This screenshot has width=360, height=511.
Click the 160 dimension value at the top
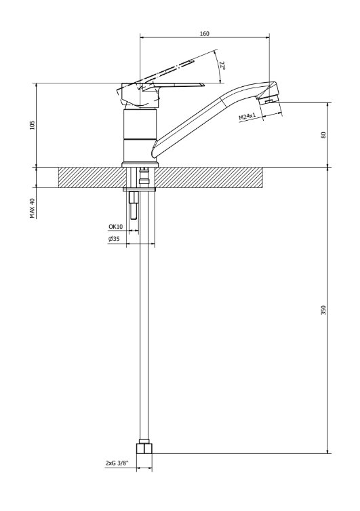205,33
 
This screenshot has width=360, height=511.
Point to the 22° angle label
222,66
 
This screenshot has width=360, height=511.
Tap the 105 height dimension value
32,125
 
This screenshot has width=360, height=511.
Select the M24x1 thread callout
247,116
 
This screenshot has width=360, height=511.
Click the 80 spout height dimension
323,135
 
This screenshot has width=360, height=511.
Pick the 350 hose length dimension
323,310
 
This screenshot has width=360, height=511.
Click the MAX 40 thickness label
32,208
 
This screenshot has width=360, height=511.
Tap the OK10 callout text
115,227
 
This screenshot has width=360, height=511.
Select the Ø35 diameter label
114,239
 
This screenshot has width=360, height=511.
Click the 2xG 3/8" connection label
117,463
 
